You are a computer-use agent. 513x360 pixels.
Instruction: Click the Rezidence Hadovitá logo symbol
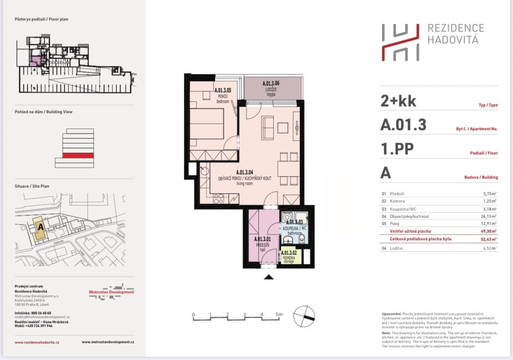(x=400, y=42)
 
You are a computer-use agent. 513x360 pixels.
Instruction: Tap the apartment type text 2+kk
(x=398, y=101)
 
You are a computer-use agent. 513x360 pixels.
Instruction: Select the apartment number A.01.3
(x=403, y=125)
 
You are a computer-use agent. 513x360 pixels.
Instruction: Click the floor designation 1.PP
(x=397, y=149)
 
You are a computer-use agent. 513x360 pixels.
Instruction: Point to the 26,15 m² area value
(x=487, y=216)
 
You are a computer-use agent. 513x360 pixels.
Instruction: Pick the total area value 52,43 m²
(x=487, y=239)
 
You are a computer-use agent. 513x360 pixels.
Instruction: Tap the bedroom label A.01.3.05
(x=222, y=91)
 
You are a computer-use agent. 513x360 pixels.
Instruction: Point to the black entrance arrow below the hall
(x=268, y=277)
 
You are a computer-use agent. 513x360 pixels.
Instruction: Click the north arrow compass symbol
(x=305, y=315)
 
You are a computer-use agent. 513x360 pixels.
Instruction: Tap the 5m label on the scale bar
(x=279, y=315)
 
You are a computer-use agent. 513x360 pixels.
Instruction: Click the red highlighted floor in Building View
(x=78, y=155)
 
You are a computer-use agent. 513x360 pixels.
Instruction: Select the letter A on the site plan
(x=41, y=227)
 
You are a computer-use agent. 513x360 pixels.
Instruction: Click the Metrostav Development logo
(x=111, y=292)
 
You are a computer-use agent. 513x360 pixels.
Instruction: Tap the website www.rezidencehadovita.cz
(x=37, y=342)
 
